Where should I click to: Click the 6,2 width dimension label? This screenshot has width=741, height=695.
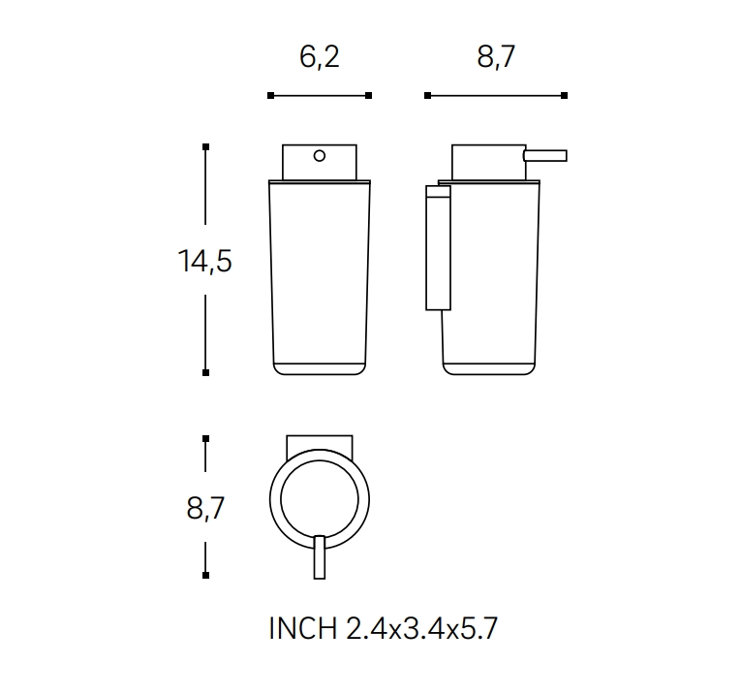[320, 57]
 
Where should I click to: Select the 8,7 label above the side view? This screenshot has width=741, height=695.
[495, 57]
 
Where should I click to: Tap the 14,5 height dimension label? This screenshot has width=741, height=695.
[204, 261]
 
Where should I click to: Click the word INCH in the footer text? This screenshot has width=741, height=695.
[301, 629]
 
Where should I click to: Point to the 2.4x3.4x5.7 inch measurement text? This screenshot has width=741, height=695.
[421, 629]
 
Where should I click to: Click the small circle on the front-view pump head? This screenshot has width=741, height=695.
[320, 154]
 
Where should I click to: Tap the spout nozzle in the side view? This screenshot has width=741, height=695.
[545, 154]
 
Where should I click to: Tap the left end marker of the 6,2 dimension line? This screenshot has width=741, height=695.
[270, 95]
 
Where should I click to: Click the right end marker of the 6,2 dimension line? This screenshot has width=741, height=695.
[369, 95]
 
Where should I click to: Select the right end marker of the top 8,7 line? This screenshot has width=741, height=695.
[564, 95]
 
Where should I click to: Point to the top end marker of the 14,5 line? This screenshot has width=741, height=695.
[205, 146]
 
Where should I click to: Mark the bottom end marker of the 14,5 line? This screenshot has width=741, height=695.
[205, 372]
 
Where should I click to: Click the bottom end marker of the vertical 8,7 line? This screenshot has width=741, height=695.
[205, 576]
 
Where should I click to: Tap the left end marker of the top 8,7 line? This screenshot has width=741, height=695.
[426, 95]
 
